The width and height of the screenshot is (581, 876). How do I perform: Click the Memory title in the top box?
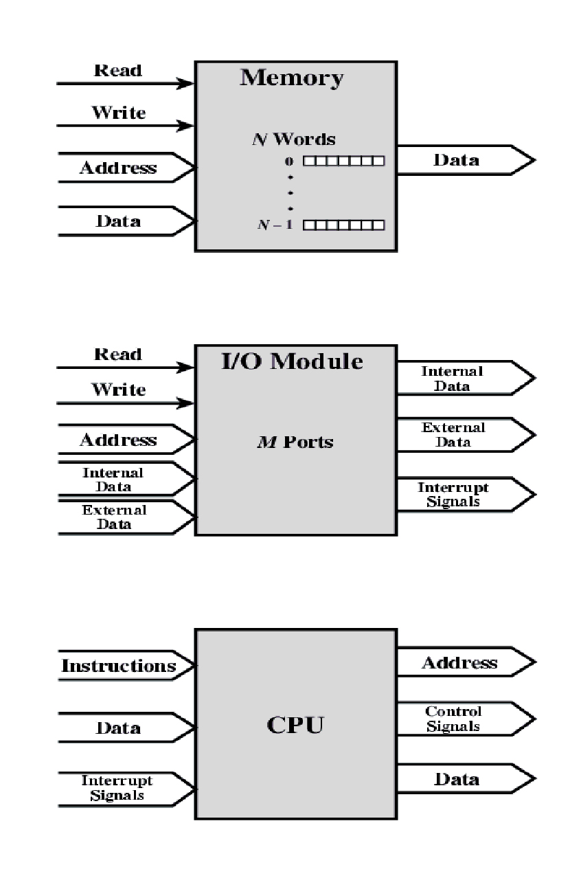point(291,78)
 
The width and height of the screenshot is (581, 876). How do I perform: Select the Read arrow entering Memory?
point(124,83)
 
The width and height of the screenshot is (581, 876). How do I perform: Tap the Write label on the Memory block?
point(119,113)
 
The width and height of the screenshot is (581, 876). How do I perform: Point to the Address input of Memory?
point(119,168)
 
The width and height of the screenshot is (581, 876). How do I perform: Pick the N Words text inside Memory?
point(292,139)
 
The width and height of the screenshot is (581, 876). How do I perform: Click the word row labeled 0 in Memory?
point(343,161)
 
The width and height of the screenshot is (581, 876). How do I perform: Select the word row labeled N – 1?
point(343,225)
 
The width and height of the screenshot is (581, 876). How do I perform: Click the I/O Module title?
point(292,361)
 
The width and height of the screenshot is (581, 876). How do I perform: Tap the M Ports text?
point(290,441)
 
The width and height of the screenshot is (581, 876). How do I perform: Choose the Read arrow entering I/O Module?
point(124,368)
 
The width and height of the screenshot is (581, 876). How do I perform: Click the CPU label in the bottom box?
point(295,725)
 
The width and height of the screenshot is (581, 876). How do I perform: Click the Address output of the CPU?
point(459,663)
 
